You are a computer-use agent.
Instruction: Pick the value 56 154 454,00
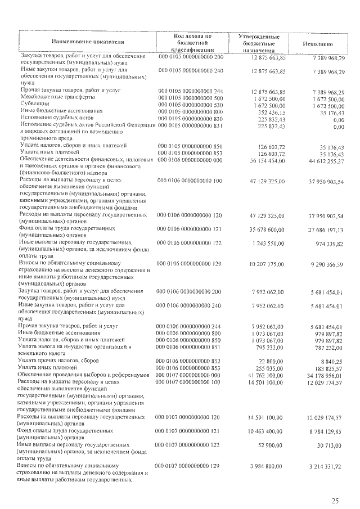click(263, 160)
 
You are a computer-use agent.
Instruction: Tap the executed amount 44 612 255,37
click(322, 161)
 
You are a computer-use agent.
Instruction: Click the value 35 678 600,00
click(263, 229)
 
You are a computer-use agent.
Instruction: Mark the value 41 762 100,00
click(263, 375)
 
